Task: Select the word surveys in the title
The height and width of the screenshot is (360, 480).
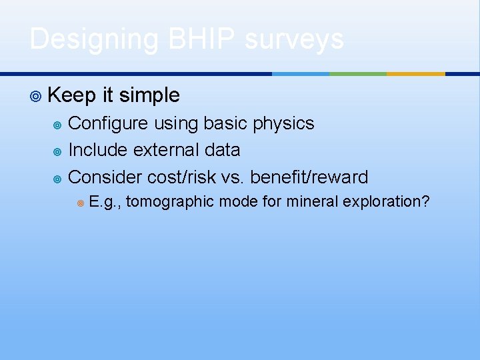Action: click(294, 39)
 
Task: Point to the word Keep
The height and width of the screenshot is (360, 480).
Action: click(72, 95)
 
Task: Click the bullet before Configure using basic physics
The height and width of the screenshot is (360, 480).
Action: click(57, 124)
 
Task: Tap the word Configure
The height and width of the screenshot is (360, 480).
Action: click(111, 123)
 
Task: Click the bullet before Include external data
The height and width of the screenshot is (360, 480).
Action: click(57, 151)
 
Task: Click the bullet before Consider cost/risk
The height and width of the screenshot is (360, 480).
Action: click(57, 177)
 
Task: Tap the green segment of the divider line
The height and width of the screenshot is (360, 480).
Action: click(358, 74)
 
